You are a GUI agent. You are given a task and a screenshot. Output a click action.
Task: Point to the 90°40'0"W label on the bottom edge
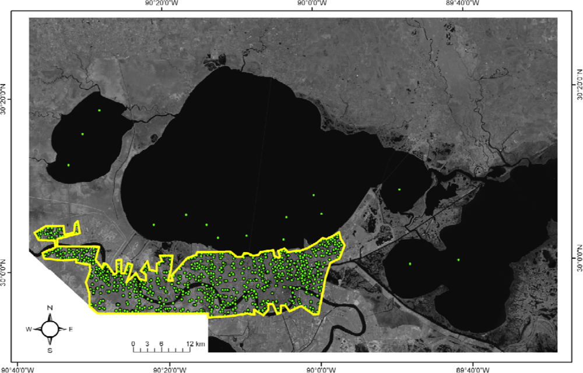pyautogui.click(x=18, y=368)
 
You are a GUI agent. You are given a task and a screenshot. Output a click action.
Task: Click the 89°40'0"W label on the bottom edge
pyautogui.click(x=472, y=368)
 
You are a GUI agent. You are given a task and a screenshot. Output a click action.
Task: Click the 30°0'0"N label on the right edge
pyautogui.click(x=578, y=259)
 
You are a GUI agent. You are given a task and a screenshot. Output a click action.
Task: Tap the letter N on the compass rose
pyautogui.click(x=50, y=308)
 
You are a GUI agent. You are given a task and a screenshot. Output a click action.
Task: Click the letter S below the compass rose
pyautogui.click(x=50, y=350)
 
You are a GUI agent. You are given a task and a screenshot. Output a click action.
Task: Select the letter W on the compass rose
pyautogui.click(x=28, y=329)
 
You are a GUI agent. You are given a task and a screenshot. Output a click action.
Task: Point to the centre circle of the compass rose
pyautogui.click(x=50, y=329)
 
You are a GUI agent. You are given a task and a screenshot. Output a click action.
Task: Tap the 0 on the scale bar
pyautogui.click(x=133, y=343)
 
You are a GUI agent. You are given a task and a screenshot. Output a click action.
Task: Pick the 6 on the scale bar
pyautogui.click(x=161, y=343)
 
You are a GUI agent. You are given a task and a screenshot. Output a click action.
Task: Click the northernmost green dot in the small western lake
pyautogui.click(x=99, y=110)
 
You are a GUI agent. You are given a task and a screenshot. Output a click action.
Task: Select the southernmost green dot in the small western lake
pyautogui.click(x=68, y=165)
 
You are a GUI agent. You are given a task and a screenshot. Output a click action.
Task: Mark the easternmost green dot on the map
pyautogui.click(x=458, y=260)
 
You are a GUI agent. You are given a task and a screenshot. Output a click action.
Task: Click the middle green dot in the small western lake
pyautogui.click(x=82, y=134)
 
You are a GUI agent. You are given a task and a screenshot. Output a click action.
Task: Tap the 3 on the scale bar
pyautogui.click(x=147, y=343)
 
